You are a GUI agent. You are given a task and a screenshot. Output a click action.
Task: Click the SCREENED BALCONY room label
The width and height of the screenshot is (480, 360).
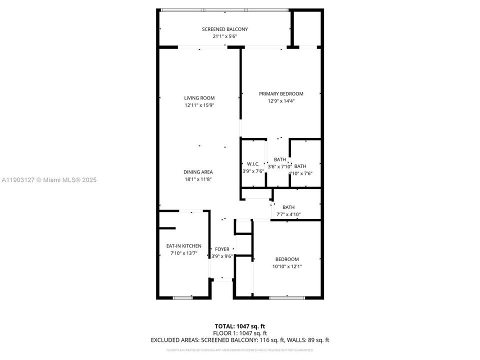[x=224, y=29]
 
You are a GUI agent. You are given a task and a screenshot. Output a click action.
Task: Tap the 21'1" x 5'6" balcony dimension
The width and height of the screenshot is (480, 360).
[x=224, y=36]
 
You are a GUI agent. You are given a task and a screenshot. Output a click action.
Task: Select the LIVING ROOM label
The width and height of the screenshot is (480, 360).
[x=199, y=98]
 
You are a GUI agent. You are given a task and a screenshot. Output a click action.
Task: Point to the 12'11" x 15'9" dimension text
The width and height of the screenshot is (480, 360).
[x=199, y=105]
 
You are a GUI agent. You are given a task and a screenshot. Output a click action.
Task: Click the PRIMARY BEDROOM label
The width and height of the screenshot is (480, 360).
[x=281, y=94]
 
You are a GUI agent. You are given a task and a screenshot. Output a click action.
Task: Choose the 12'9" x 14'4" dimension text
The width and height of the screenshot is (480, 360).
[x=281, y=101]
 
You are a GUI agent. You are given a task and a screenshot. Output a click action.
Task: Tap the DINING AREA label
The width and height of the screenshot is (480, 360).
[x=198, y=172]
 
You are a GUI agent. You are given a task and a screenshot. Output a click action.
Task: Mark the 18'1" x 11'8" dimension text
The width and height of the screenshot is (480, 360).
[x=198, y=179]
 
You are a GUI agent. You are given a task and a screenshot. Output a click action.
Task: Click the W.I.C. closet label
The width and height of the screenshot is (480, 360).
[x=253, y=164]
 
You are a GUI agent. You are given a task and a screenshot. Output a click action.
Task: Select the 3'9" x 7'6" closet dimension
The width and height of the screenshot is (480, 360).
[x=253, y=171]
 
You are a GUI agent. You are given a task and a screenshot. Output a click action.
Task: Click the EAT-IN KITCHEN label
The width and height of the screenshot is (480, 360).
[x=184, y=246]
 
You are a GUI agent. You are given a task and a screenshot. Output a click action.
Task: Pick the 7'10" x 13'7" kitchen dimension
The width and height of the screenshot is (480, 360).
[x=184, y=253]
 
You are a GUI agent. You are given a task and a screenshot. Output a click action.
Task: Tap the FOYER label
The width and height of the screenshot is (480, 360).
[x=222, y=249]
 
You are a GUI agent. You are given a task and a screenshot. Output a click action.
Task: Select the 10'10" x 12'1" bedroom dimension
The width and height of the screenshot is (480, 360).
[x=287, y=266]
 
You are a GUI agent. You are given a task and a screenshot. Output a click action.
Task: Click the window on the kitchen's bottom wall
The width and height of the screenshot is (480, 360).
[x=182, y=298]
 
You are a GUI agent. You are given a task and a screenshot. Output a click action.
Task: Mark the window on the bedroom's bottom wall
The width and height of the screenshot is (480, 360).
[x=287, y=298]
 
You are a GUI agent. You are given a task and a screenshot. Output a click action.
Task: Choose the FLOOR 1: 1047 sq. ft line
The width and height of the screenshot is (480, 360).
[x=239, y=333]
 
